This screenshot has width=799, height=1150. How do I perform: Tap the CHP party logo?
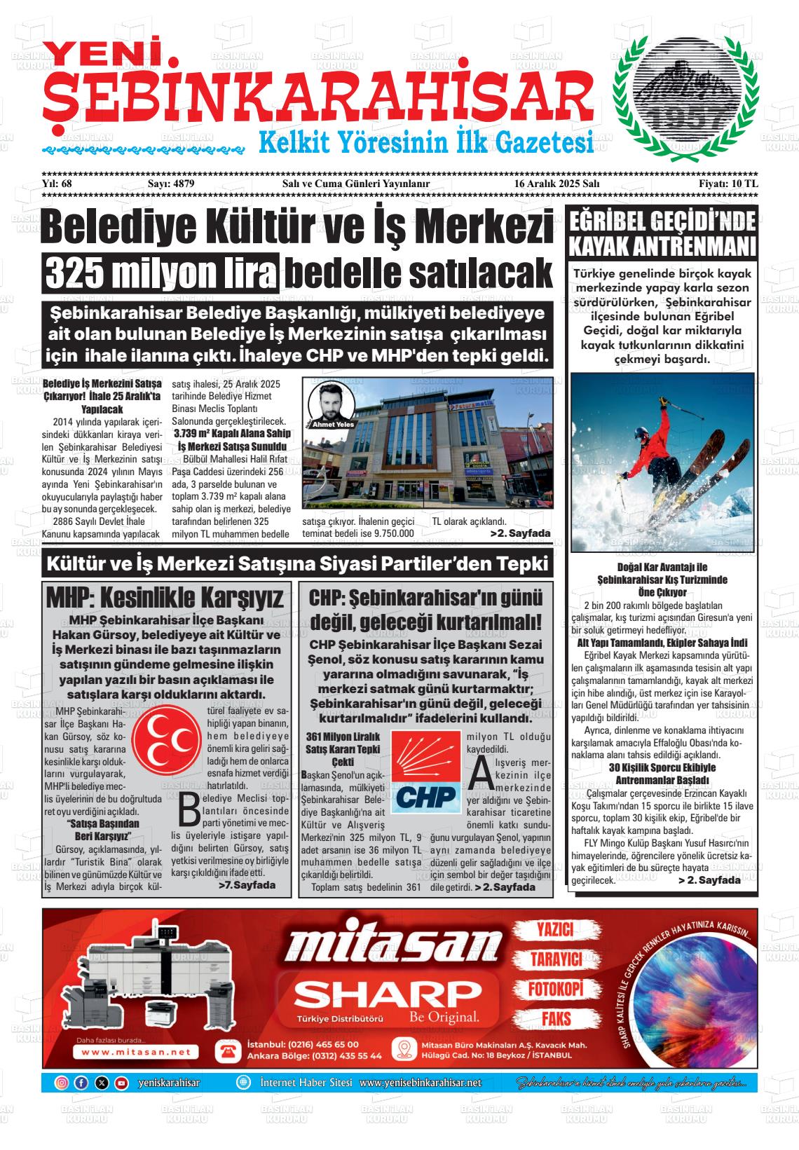(x=425, y=772)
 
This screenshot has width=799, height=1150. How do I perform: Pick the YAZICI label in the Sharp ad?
(x=554, y=930)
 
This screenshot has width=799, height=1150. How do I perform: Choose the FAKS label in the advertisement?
(x=556, y=1018)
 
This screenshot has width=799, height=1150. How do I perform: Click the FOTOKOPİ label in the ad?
(x=555, y=989)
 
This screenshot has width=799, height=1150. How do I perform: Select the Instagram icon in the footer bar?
(x=62, y=1083)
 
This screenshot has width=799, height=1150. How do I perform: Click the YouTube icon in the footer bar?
(x=121, y=1083)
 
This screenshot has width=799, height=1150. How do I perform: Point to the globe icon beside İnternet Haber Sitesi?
(x=243, y=1083)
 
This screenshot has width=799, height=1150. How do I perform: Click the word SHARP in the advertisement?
(x=384, y=994)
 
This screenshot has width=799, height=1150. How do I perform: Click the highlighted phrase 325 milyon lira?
(x=161, y=273)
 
